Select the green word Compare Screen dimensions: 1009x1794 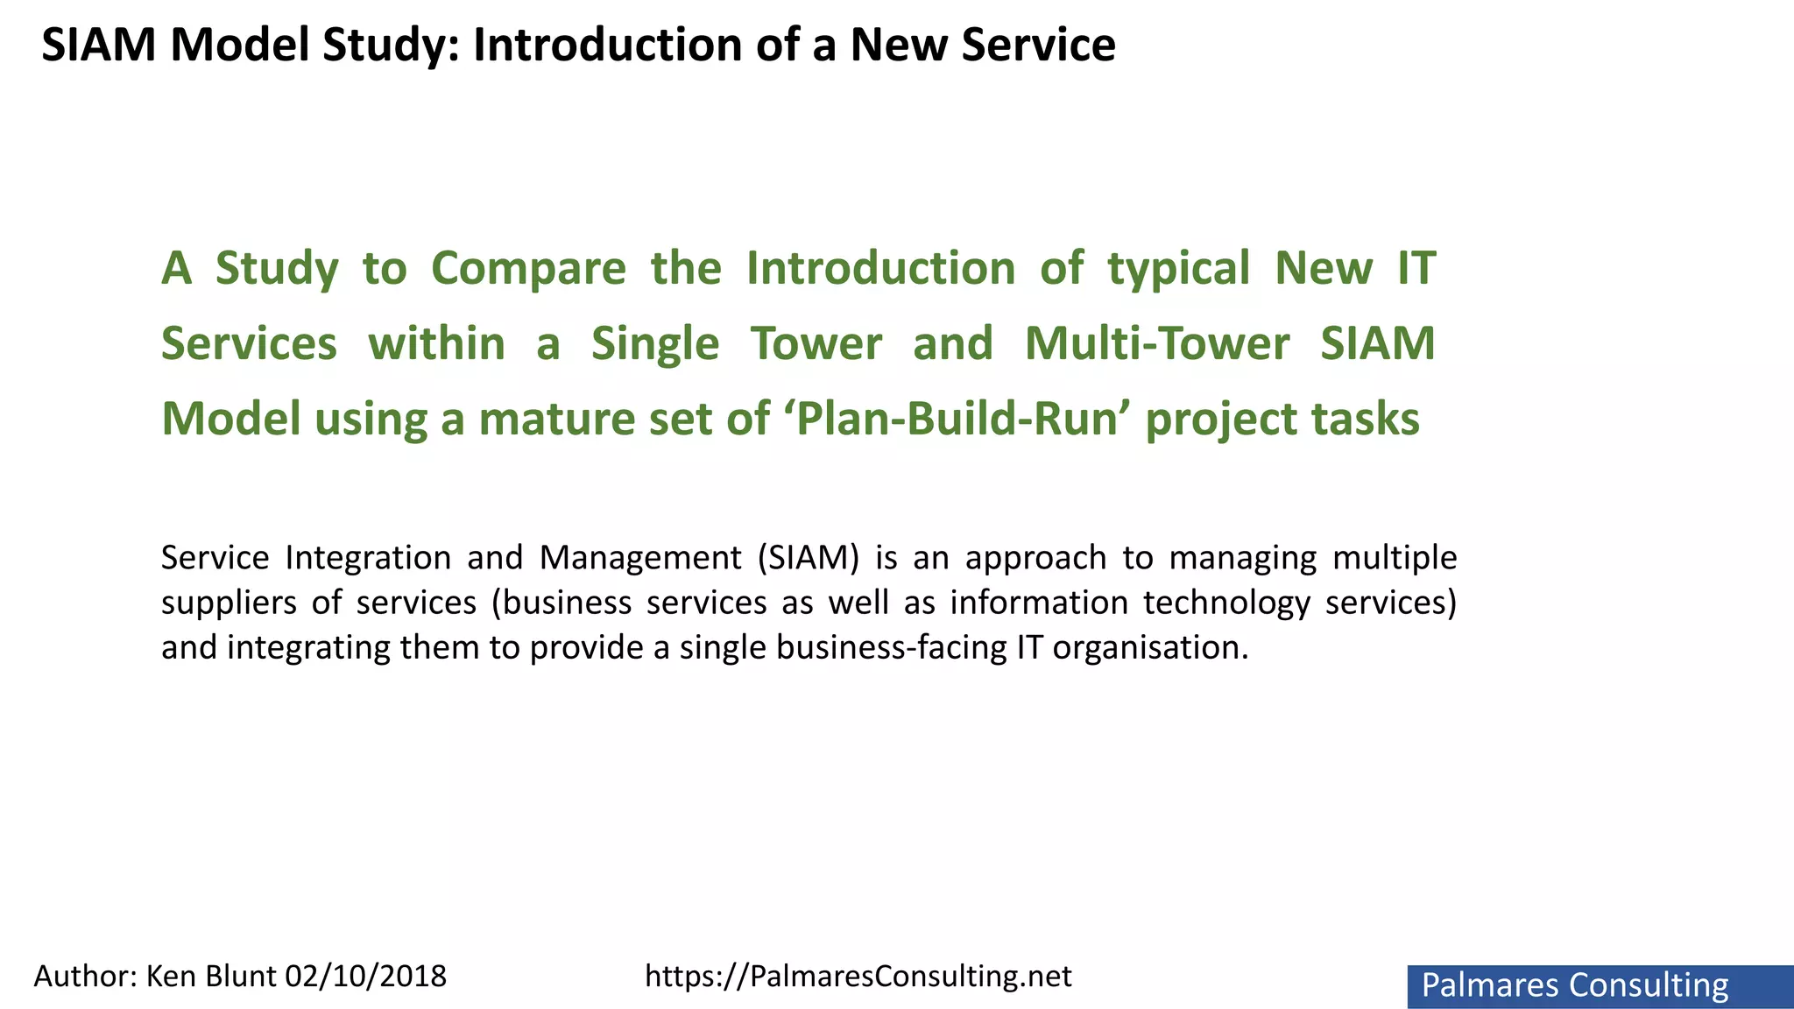[528, 268]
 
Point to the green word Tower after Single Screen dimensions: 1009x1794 [816, 343]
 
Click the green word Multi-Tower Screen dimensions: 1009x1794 [1156, 343]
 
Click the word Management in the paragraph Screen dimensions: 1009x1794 [640, 558]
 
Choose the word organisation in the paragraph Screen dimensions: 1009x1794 [1149, 648]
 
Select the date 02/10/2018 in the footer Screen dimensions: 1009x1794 [366, 976]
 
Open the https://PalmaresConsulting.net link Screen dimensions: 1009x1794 [858, 976]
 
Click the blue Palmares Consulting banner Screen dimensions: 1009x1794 [1600, 986]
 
